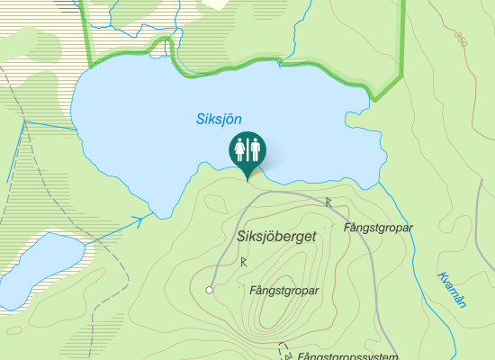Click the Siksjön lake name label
[x=220, y=118]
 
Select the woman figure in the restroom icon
[x=240, y=148]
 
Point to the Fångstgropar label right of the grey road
[x=378, y=228]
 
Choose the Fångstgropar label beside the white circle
[x=283, y=291]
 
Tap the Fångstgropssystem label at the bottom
[x=347, y=357]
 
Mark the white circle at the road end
[x=209, y=290]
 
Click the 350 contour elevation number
[x=462, y=39]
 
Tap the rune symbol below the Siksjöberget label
[x=243, y=261]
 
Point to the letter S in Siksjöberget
[x=240, y=237]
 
